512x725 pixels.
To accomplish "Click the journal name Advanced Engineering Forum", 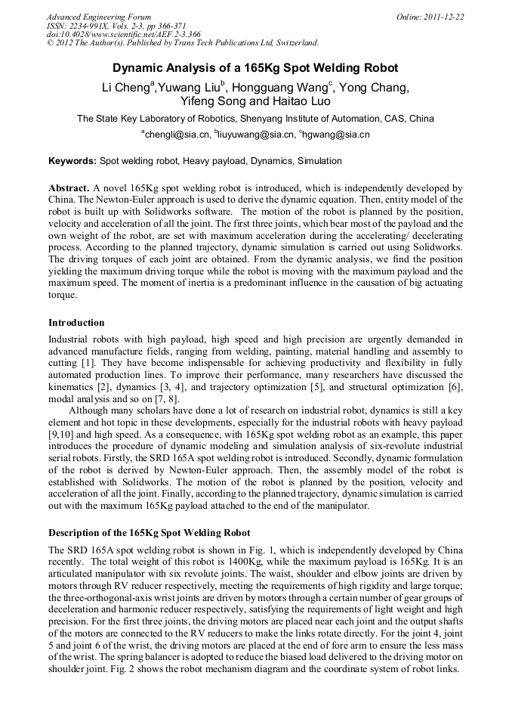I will (98, 17).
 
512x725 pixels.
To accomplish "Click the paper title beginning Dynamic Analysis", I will (255, 68).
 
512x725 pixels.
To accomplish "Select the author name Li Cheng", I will (125, 88).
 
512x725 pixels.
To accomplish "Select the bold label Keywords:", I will (72, 161).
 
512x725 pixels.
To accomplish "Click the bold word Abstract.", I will (69, 187).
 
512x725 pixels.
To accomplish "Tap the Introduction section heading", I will (76, 323).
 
